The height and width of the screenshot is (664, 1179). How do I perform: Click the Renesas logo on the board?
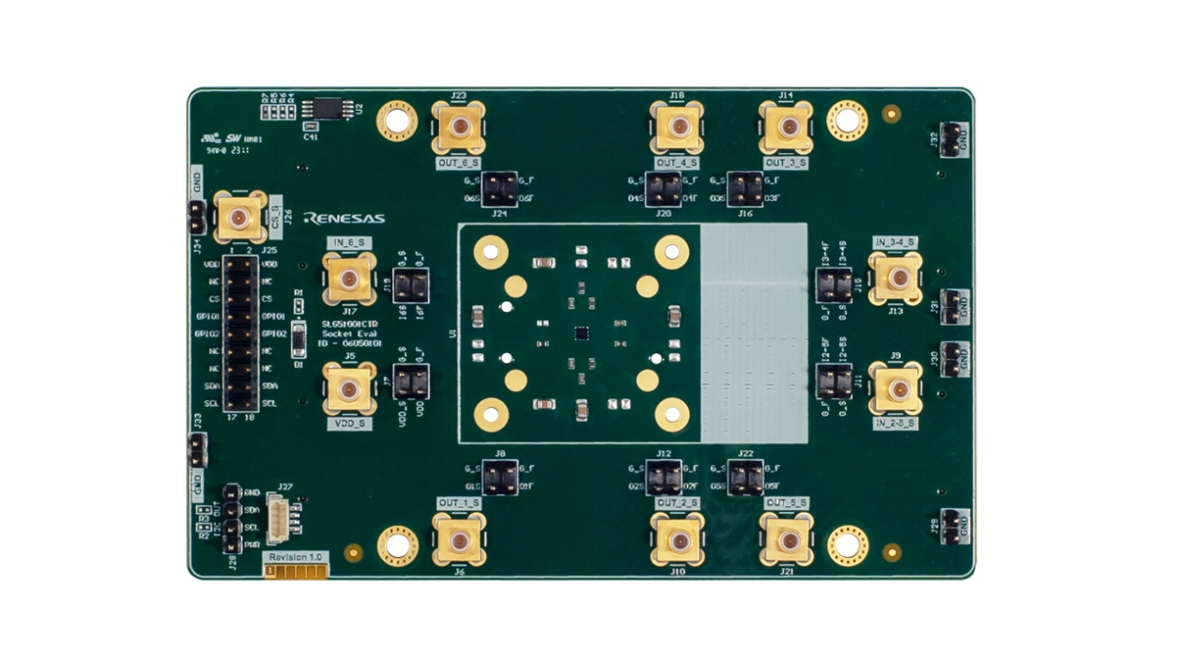tap(345, 218)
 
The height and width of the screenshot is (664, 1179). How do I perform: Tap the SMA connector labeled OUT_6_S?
tap(459, 128)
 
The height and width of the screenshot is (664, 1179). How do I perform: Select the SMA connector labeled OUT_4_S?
tap(677, 127)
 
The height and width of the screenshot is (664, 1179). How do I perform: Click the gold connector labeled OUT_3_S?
tap(787, 127)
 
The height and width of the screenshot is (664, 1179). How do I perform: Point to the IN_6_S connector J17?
tap(348, 279)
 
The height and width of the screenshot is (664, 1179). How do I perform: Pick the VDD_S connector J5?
tap(348, 389)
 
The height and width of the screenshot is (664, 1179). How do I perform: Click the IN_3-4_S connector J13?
tap(896, 278)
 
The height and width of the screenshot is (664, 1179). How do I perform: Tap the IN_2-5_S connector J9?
tap(896, 388)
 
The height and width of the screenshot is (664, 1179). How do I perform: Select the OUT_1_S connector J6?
tap(459, 540)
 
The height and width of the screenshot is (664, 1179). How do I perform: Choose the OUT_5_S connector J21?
tap(787, 541)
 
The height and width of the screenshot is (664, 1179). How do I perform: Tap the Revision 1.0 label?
tap(296, 557)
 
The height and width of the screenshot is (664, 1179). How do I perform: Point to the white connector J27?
tap(279, 519)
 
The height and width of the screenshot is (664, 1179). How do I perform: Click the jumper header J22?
tap(745, 478)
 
